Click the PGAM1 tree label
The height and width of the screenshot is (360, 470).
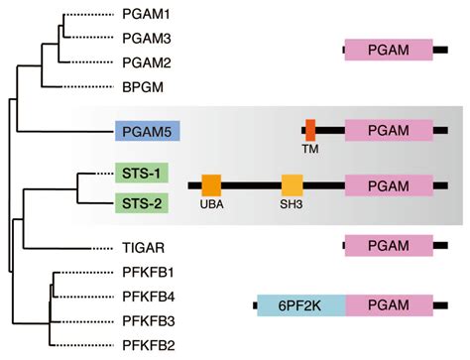(x=146, y=16)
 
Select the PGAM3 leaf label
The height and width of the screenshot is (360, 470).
(x=146, y=39)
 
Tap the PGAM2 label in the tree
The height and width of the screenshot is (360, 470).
(x=146, y=62)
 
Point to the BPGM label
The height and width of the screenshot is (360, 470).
(x=142, y=86)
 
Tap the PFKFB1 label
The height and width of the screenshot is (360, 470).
(x=148, y=272)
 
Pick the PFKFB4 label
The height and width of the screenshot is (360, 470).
(x=148, y=296)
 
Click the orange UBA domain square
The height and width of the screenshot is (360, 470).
(x=211, y=185)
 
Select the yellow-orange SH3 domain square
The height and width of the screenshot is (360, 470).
(x=292, y=185)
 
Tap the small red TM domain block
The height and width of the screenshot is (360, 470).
(x=310, y=130)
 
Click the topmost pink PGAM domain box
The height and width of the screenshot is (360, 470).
(x=389, y=51)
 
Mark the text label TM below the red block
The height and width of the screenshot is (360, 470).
(x=310, y=151)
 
